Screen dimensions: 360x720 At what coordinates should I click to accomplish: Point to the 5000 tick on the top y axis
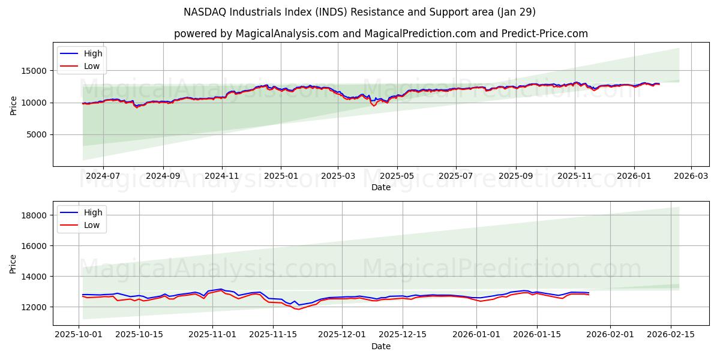37,135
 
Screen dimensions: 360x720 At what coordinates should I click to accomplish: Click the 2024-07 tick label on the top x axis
103,176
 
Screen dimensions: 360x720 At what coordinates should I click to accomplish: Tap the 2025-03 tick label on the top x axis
338,176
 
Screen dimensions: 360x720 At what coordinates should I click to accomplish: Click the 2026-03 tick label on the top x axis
691,176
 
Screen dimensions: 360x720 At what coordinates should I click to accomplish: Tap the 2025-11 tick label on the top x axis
575,176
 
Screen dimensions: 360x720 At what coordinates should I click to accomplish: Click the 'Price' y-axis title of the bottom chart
13,263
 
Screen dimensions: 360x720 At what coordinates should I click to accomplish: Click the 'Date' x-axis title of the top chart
380,187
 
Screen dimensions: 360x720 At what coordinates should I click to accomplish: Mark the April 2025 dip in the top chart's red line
374,106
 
